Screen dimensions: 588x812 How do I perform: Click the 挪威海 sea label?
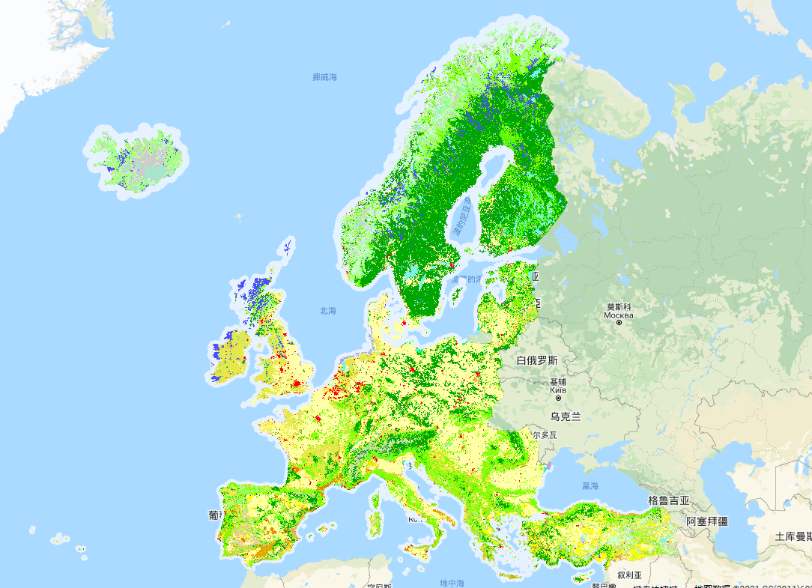325,77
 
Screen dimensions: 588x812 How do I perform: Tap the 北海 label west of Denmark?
328,311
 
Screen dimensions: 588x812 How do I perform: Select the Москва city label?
619,315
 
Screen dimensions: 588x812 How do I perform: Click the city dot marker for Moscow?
619,323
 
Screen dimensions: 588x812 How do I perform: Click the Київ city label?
557,390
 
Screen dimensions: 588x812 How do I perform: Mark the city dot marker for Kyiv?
557,398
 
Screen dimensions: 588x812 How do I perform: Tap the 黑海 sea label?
590,486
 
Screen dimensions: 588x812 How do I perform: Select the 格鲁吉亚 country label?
669,500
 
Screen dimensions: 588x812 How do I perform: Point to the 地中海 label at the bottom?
452,583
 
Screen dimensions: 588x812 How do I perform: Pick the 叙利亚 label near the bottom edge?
629,575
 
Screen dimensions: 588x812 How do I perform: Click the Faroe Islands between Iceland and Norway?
239,218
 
